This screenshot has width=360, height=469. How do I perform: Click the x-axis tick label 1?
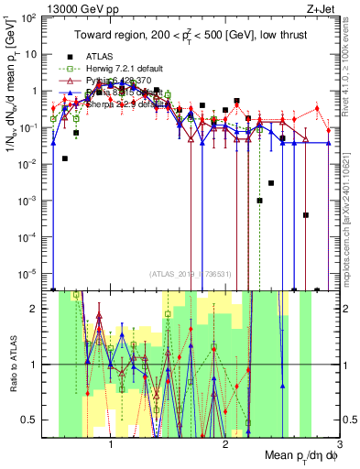111,443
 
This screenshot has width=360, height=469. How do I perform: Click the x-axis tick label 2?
225,443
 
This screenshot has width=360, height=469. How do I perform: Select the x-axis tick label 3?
339,443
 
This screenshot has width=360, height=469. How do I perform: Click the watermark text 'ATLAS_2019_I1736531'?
190,272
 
